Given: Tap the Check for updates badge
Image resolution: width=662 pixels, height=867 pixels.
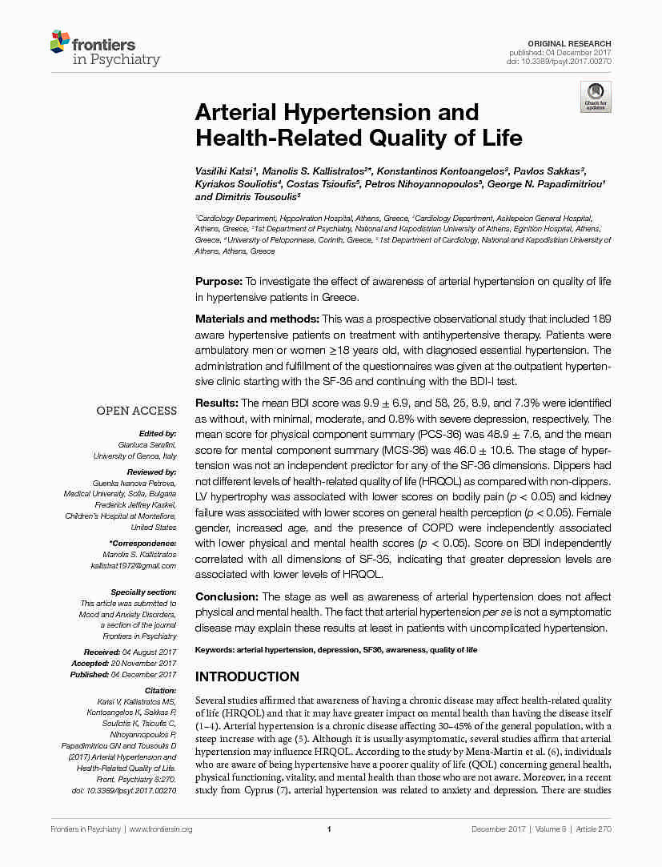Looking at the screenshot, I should (x=596, y=96).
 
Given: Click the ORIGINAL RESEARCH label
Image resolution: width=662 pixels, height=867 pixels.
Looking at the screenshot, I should (x=569, y=43).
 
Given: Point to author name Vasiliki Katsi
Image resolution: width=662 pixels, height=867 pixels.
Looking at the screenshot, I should (x=227, y=173).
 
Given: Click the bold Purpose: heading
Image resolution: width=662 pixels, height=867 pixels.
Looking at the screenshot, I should (x=219, y=281).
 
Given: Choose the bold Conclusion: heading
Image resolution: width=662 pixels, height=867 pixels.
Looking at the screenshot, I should (x=227, y=596).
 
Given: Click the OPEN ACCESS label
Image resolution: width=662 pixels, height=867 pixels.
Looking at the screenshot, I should (x=137, y=411).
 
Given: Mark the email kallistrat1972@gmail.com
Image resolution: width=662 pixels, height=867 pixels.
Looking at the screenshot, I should (x=134, y=566).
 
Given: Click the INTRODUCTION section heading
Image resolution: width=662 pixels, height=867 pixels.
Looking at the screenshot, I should (x=247, y=676).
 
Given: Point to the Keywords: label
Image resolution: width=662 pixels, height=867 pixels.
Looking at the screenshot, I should (x=215, y=651).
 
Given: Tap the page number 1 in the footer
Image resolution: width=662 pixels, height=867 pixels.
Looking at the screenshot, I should (x=329, y=829).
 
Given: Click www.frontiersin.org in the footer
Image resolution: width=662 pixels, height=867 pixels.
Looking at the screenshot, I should (x=161, y=829).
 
